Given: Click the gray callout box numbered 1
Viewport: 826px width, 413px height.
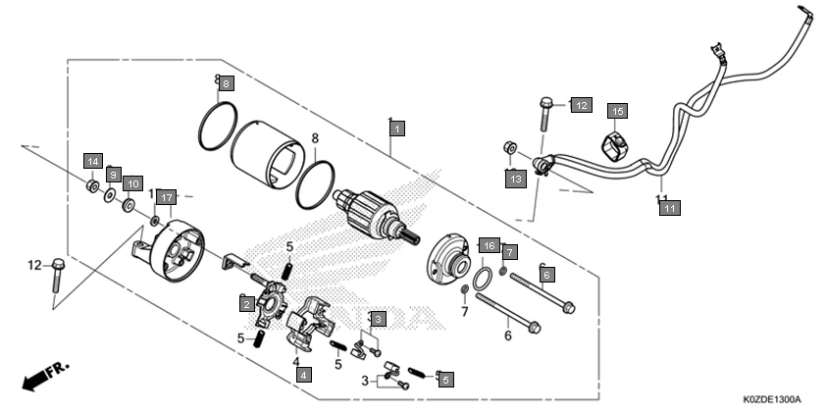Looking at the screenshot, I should point(396,128).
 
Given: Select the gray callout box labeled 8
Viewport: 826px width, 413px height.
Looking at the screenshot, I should point(226,84).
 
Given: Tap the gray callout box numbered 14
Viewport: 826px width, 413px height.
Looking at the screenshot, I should point(92,161).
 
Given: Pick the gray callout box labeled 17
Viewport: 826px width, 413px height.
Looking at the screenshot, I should point(166,196).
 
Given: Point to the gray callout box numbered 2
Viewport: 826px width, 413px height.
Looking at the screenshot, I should point(247,304).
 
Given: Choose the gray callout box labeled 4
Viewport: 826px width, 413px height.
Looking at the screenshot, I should point(304,374).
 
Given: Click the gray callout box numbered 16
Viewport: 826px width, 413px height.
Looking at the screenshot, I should point(488,244).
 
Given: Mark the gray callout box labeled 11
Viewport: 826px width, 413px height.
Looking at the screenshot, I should point(668,207).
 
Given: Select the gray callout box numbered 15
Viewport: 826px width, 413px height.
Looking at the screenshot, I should point(617,111).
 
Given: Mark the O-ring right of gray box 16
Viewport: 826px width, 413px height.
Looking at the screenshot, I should point(483,281).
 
